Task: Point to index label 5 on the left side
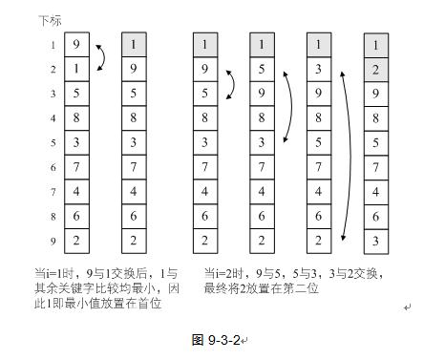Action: (x=53, y=143)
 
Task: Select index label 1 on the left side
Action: (x=53, y=45)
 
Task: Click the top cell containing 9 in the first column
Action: (x=76, y=45)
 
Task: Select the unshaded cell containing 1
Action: (x=76, y=70)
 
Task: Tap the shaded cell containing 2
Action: (x=376, y=70)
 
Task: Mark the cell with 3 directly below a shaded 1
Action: (x=319, y=70)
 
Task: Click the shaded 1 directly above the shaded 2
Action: (x=376, y=45)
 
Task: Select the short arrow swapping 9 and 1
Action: (x=100, y=57)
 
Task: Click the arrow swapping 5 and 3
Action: (x=286, y=106)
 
